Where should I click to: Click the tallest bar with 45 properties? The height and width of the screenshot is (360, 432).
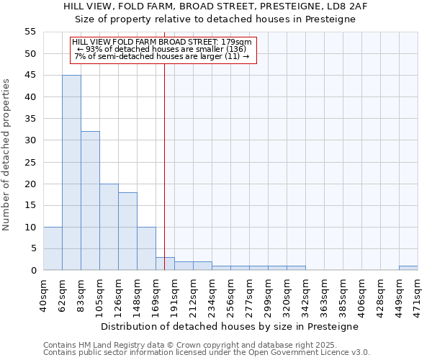coord(71,173)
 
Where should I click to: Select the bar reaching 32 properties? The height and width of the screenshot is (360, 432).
coord(90,201)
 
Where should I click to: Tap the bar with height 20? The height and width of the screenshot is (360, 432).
coord(109,227)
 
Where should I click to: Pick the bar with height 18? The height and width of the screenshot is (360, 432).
coord(127,231)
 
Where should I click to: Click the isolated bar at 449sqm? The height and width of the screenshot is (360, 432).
coord(408,268)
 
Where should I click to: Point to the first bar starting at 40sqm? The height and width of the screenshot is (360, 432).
coord(53,248)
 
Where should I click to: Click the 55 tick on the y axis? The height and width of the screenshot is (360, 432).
coord(30,32)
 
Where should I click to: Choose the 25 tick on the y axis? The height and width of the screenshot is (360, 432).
coord(30,162)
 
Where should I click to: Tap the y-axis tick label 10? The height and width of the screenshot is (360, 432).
coord(30,227)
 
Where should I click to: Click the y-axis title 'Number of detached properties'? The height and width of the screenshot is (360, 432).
coord(7,155)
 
